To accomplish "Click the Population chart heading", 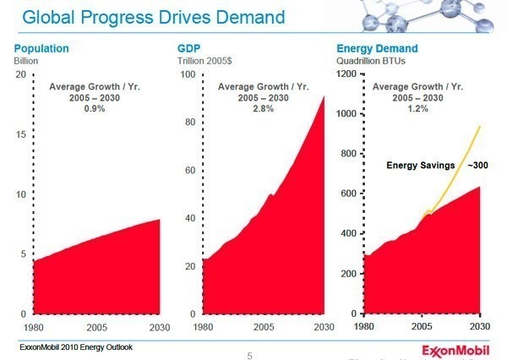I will click(x=41, y=49).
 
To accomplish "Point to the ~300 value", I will click(x=480, y=165).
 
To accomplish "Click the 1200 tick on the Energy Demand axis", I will click(x=345, y=74).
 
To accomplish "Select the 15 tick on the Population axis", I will click(x=22, y=134).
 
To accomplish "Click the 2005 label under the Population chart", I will click(x=95, y=327).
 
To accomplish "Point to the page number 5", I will click(x=249, y=356).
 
